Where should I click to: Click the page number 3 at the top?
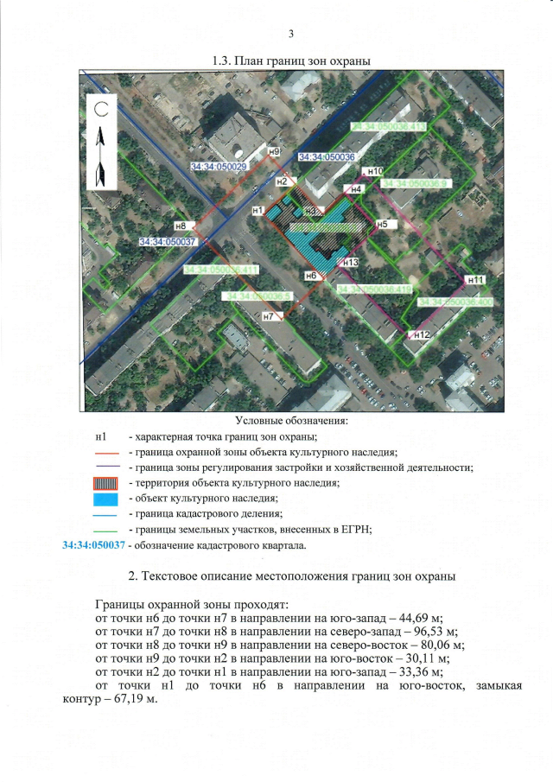click(x=291, y=34)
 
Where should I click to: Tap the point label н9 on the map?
click(x=273, y=152)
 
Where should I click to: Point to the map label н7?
click(x=268, y=317)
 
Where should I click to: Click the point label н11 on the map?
click(x=474, y=279)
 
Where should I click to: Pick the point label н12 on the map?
click(x=422, y=334)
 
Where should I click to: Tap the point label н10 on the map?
click(x=375, y=172)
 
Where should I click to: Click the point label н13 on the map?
click(x=350, y=262)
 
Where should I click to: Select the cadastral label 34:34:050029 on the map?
click(x=214, y=166)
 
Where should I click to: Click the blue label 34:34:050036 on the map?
click(x=327, y=157)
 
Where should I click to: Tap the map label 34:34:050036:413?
click(x=389, y=127)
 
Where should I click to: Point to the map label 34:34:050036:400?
click(x=454, y=302)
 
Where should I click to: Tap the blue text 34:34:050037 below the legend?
click(x=94, y=546)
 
